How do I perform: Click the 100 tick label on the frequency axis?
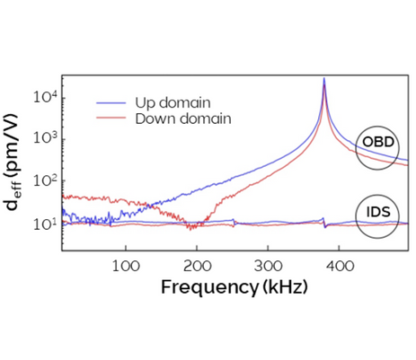(x=126, y=267)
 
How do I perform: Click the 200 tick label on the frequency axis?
(x=197, y=267)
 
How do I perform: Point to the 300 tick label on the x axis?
(x=268, y=267)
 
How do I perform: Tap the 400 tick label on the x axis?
(x=339, y=267)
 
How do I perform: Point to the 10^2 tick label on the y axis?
(x=44, y=180)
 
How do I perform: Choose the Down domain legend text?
(x=182, y=118)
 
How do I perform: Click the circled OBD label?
(x=377, y=144)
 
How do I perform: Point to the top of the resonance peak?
(x=324, y=79)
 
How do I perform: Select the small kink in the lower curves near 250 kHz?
(x=233, y=221)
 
